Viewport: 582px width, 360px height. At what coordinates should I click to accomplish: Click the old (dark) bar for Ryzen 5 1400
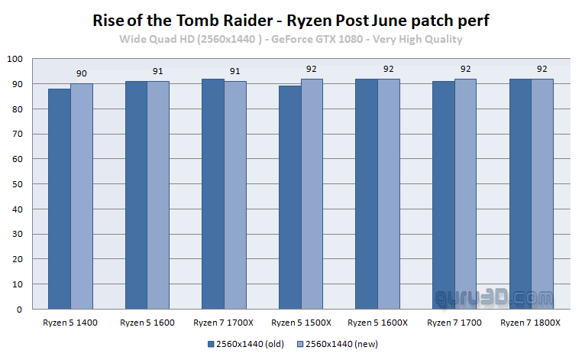[x=60, y=199]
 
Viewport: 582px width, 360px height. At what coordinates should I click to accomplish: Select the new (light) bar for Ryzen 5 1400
[x=82, y=196]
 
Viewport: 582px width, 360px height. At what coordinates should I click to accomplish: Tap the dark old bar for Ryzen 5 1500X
[x=290, y=197]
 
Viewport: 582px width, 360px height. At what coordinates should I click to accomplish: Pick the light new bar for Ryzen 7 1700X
[x=235, y=195]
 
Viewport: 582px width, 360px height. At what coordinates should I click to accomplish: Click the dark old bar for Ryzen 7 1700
[x=444, y=195]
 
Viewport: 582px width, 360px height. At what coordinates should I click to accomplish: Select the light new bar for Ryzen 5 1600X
[x=389, y=194]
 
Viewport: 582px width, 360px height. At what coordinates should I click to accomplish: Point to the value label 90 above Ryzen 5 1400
[x=82, y=73]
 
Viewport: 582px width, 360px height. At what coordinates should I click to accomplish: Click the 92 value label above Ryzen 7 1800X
[x=542, y=69]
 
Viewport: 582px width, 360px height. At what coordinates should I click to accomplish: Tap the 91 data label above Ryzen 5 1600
[x=158, y=71]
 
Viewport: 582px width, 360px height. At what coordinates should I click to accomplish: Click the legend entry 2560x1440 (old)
[x=246, y=344]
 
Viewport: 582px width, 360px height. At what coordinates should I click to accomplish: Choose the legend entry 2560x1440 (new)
[x=338, y=344]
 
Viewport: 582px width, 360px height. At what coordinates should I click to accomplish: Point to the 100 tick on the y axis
[x=15, y=59]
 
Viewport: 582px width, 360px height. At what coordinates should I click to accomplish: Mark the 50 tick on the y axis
[x=18, y=184]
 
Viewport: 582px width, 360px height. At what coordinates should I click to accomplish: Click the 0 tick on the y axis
[x=19, y=310]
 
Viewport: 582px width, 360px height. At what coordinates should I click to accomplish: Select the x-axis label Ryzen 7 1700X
[x=224, y=323]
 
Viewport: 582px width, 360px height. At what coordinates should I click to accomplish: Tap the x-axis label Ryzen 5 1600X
[x=377, y=323]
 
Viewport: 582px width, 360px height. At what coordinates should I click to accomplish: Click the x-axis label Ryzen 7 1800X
[x=530, y=323]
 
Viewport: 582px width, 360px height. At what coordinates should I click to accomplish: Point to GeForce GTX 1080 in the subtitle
[x=317, y=39]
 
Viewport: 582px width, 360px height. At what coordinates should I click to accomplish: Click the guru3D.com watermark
[x=494, y=298]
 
